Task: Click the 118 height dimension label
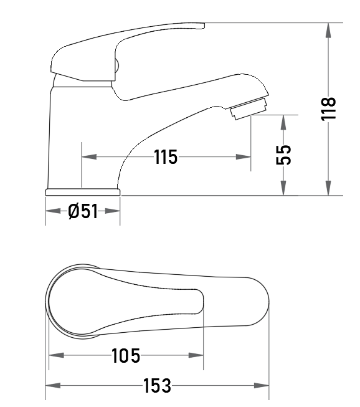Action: click(x=328, y=108)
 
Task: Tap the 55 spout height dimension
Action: click(x=283, y=155)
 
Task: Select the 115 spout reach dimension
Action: click(x=166, y=157)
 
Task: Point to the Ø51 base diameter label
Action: click(x=83, y=211)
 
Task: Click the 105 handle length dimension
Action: click(x=126, y=355)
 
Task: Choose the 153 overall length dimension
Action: click(x=157, y=385)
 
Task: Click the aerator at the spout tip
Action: click(x=249, y=108)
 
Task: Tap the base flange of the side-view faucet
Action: click(x=83, y=192)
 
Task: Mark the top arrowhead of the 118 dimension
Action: click(x=328, y=31)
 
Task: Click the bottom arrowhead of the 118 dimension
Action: click(x=328, y=188)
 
